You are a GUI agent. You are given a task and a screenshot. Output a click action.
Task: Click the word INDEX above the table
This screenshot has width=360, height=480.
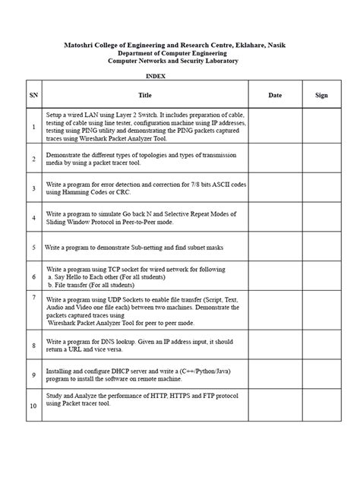[155, 77]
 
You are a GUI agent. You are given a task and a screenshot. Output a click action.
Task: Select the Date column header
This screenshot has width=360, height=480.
[275, 96]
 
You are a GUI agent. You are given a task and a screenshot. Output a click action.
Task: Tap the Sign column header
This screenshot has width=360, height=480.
[321, 96]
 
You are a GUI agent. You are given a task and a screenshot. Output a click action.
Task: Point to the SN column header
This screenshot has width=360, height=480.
[33, 96]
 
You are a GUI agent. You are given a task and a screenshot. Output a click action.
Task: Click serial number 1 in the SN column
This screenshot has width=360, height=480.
[33, 128]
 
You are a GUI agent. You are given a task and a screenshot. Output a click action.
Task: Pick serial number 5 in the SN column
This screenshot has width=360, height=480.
[33, 248]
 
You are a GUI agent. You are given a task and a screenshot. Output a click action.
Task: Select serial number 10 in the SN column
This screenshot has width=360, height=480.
[33, 406]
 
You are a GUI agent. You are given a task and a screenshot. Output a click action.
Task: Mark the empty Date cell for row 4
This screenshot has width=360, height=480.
[275, 218]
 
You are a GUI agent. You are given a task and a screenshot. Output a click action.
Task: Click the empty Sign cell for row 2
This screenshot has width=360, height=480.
[321, 158]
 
